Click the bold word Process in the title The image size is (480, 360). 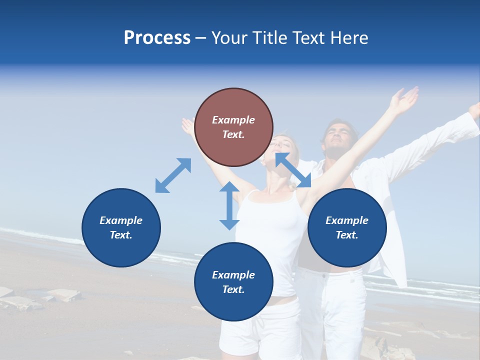tap(157, 38)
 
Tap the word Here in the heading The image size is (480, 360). tap(347, 38)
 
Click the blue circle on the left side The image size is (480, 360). tap(121, 227)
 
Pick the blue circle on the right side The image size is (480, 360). tap(347, 227)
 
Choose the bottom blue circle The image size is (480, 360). tap(233, 281)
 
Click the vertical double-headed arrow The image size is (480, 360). tap(229, 205)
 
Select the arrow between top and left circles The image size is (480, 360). tap(173, 175)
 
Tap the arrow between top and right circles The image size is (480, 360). tap(293, 170)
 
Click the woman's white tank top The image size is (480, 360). tap(272, 235)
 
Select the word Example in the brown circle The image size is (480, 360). tap(233, 120)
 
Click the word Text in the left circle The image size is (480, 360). tap(121, 235)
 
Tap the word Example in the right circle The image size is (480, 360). tap(347, 220)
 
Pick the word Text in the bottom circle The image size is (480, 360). tap(233, 289)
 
